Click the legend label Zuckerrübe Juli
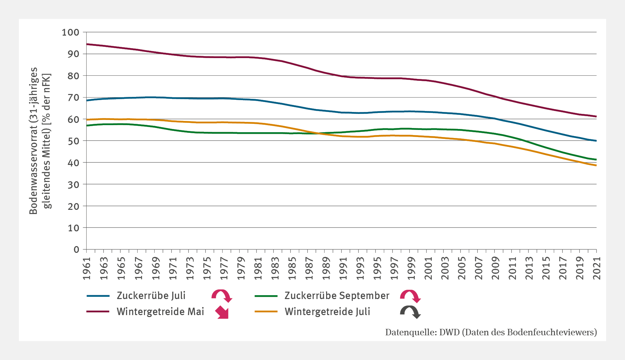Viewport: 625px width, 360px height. pos(151,296)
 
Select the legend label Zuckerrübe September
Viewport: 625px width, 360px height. pos(337,296)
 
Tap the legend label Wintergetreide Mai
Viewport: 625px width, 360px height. pos(160,312)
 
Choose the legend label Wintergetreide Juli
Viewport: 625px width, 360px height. pos(327,312)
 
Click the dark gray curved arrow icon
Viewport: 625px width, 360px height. pos(410,312)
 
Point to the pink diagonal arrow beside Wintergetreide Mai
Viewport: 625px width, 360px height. pos(222,312)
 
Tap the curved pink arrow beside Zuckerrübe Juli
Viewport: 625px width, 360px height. pos(222,296)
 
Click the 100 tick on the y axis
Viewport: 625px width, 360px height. pos(71,32)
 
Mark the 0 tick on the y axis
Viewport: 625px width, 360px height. pos(76,249)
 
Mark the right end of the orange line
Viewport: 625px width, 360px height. pos(596,165)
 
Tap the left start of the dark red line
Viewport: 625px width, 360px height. pos(87,44)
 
